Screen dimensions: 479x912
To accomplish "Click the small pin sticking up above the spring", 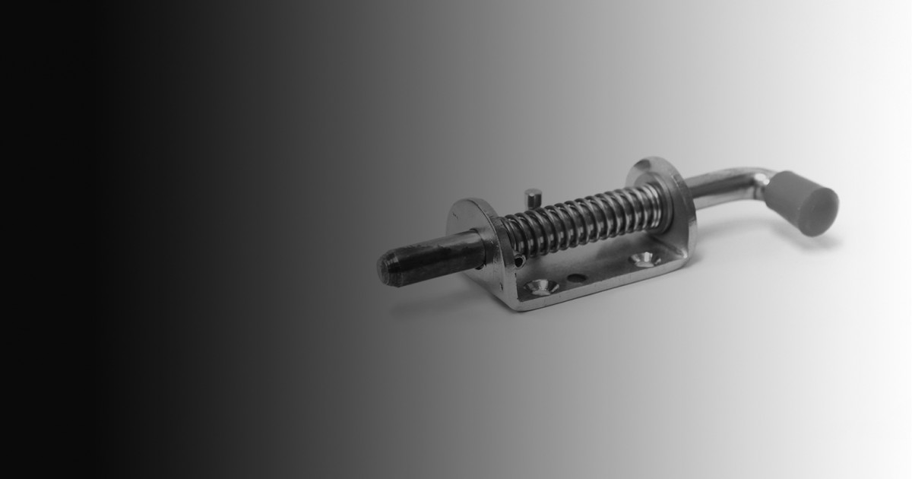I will click(x=534, y=197).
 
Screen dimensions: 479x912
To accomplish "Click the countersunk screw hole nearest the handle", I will click(x=644, y=259).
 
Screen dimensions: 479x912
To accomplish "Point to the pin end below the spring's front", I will click(x=519, y=261).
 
